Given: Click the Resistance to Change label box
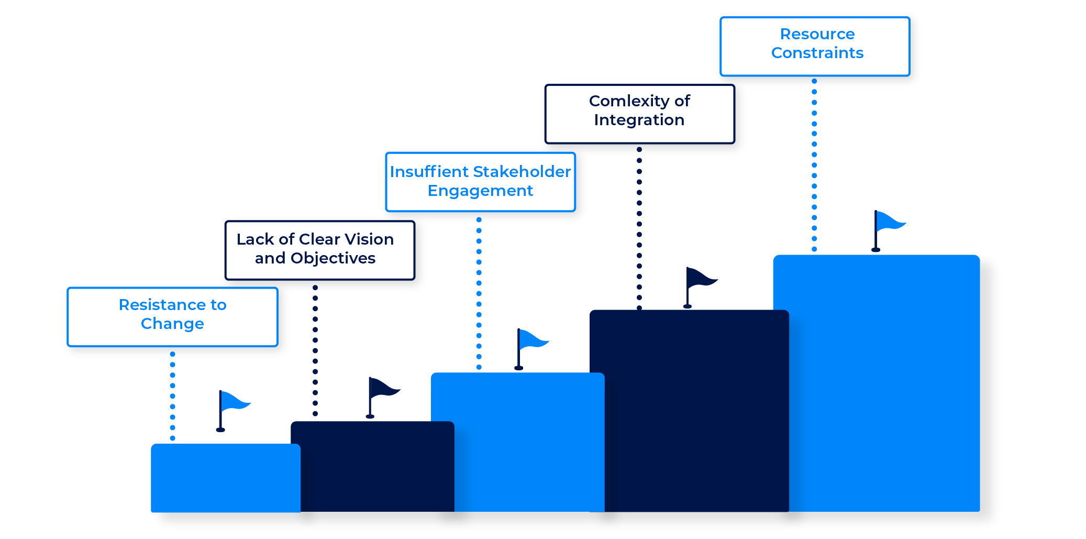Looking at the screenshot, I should click(x=172, y=316).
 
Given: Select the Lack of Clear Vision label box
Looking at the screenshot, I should click(x=319, y=250).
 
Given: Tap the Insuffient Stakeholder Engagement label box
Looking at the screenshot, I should click(x=480, y=181).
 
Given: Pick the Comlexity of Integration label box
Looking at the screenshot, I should click(x=639, y=113).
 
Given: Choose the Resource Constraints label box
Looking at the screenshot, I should click(x=815, y=46).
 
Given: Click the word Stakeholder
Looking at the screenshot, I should click(x=522, y=172).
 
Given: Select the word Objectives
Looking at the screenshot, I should click(x=333, y=258).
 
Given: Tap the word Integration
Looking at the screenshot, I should click(x=639, y=120).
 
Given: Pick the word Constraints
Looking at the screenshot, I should click(x=817, y=53).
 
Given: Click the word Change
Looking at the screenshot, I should click(x=172, y=324).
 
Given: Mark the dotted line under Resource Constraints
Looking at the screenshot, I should click(x=814, y=165).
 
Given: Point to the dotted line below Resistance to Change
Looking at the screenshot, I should click(x=172, y=396).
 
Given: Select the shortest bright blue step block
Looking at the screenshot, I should click(x=225, y=478).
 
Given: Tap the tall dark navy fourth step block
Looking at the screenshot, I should click(x=689, y=411).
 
